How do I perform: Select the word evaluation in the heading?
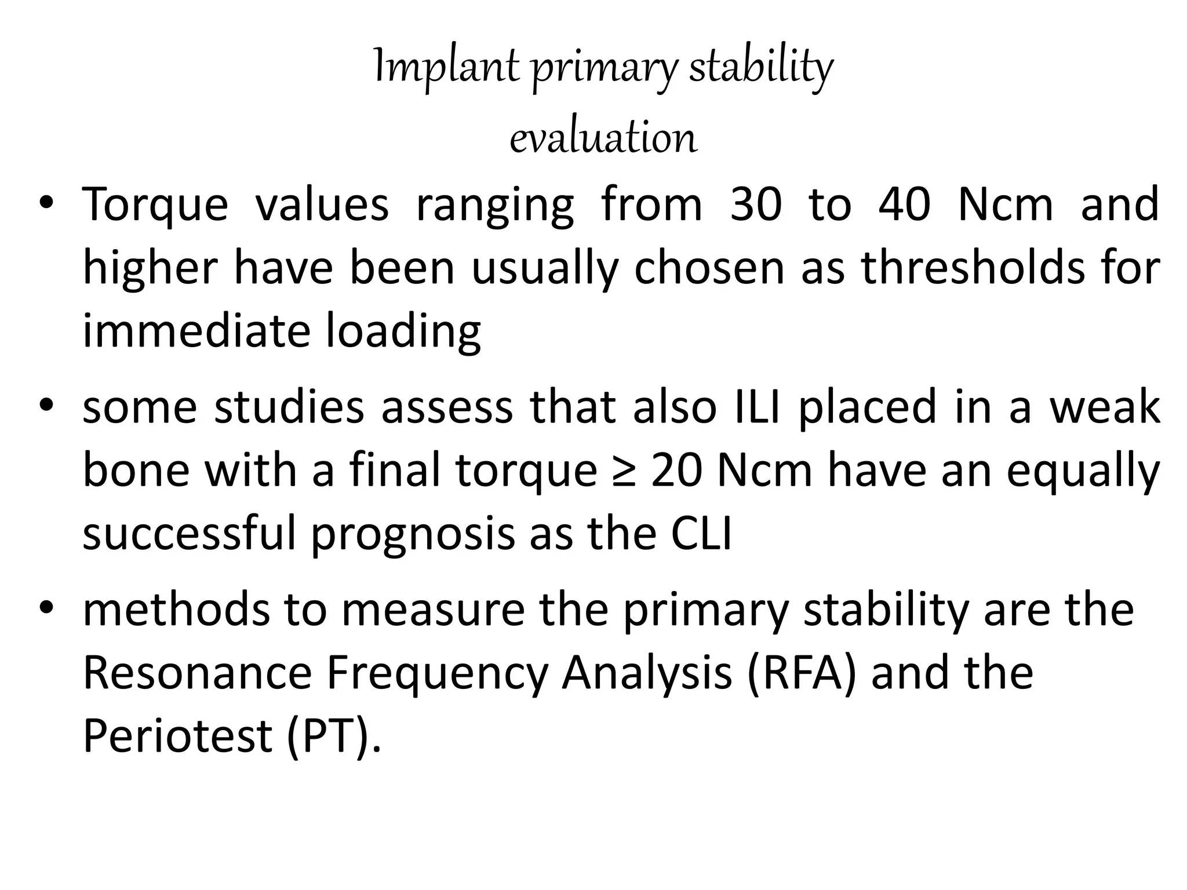[x=603, y=138]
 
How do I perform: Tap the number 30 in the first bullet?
[x=756, y=205]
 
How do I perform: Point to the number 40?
[x=904, y=205]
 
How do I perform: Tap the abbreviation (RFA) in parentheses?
[x=802, y=674]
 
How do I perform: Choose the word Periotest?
[x=177, y=736]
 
